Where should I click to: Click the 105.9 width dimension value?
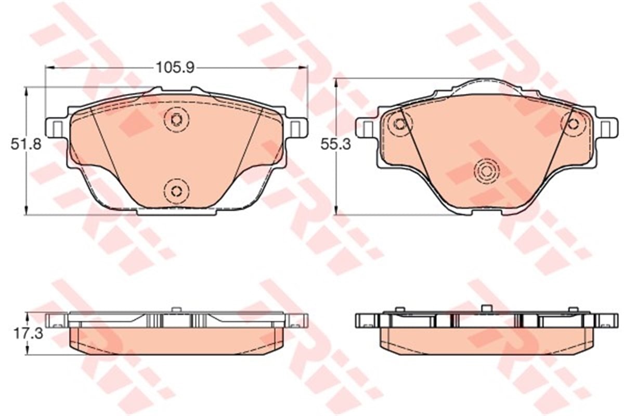click(x=175, y=68)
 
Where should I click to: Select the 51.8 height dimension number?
click(x=26, y=145)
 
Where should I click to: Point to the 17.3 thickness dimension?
click(x=29, y=333)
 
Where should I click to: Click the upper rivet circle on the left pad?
click(x=177, y=120)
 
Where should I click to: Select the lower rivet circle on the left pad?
click(x=176, y=191)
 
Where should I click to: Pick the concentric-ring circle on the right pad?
click(x=487, y=171)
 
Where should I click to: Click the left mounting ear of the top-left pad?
click(x=56, y=127)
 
